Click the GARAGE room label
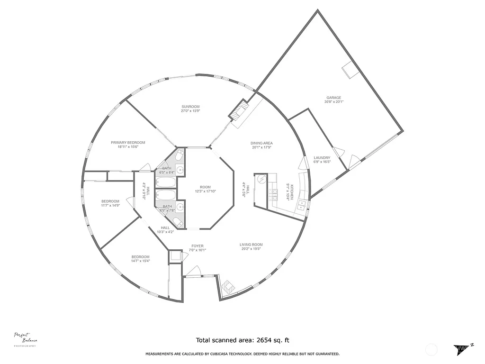click(x=333, y=98)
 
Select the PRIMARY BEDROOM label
click(x=128, y=143)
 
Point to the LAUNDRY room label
click(x=322, y=158)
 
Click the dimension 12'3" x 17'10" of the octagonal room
click(x=205, y=191)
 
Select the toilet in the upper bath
click(x=179, y=155)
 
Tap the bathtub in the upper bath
click(x=166, y=182)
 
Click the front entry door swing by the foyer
click(x=193, y=271)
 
